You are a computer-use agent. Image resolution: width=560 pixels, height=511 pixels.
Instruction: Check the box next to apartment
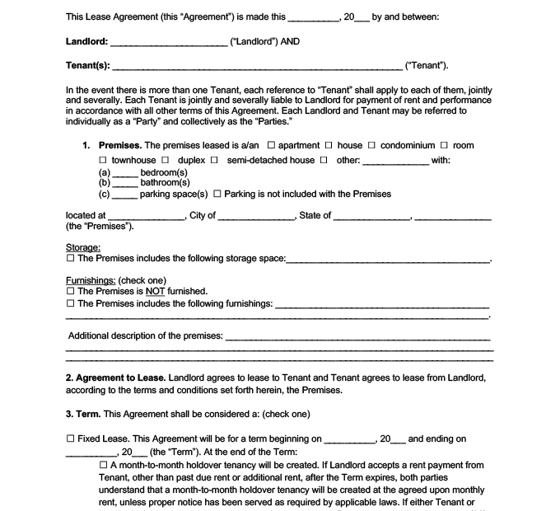point(271,146)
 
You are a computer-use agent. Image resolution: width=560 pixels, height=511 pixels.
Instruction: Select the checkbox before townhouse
point(103,160)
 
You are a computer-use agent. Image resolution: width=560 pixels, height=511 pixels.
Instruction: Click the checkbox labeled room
point(445,146)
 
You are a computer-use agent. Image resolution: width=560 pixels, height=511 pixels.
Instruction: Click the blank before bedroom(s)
point(124,173)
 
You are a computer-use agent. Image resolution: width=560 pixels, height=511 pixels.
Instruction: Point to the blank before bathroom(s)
point(124,183)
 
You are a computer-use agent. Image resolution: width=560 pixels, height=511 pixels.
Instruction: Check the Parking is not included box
point(217,195)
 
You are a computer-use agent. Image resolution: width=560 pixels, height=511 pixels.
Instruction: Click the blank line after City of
point(256,217)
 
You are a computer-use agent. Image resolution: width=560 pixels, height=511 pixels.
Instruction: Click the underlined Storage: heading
point(83,247)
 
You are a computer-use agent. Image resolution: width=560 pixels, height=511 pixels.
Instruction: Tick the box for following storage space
point(70,259)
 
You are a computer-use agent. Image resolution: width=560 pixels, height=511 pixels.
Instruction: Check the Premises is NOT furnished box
point(70,292)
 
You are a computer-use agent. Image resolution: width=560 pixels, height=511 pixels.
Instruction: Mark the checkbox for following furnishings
point(70,303)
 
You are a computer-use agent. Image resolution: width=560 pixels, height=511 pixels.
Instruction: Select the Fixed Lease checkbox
point(70,439)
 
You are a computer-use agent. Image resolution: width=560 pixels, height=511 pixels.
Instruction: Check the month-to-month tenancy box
point(103,465)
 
